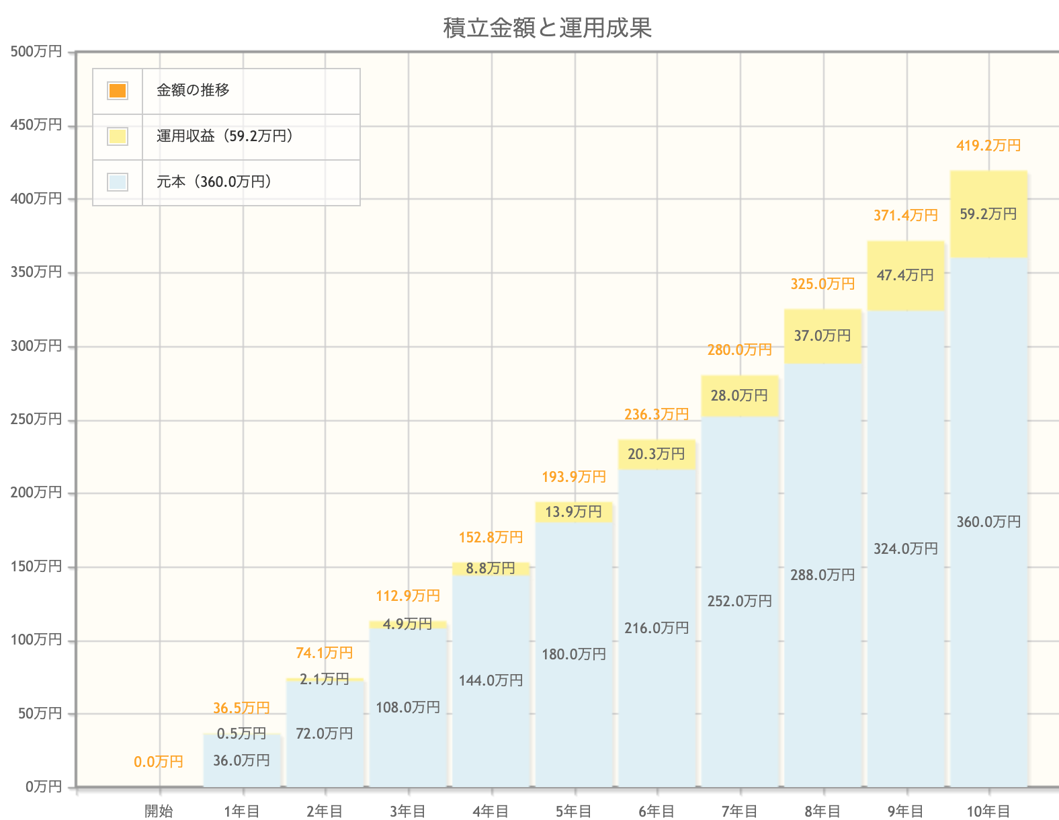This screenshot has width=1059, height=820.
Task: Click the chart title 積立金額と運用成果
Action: coord(548,28)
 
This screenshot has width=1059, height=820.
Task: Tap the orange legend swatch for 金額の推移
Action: coord(118,91)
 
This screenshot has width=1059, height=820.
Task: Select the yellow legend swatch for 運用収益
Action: coord(118,136)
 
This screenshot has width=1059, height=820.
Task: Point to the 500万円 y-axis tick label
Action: coord(36,52)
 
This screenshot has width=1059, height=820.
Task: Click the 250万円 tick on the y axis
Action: coord(36,419)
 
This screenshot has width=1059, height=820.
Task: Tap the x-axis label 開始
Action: coord(159,811)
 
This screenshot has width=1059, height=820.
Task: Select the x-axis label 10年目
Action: coord(988,811)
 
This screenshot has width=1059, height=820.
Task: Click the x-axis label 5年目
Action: coord(574,811)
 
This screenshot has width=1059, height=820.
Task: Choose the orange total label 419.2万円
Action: coord(988,146)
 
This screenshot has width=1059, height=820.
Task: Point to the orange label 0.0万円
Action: coord(159,762)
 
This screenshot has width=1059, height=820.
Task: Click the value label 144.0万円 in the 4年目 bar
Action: coord(491,681)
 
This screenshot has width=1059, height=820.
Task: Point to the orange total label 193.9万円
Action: coord(574,477)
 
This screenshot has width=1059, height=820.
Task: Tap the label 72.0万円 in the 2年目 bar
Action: coord(325,734)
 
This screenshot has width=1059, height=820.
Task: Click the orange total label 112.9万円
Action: coord(408,596)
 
